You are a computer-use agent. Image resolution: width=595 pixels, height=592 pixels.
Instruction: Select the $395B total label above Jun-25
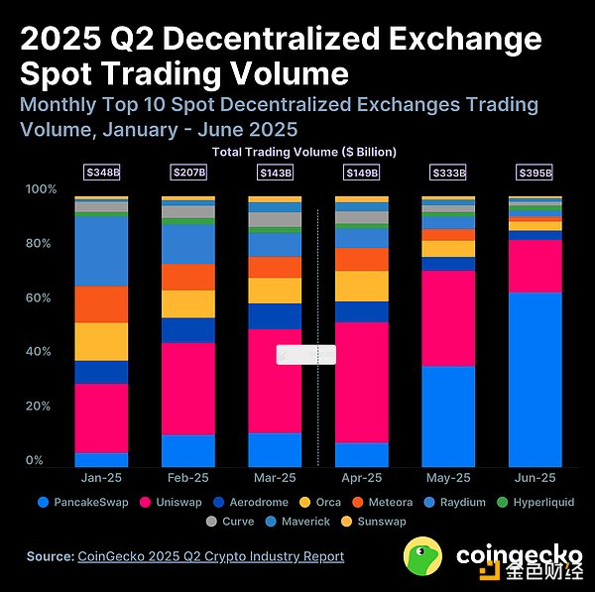tap(535, 173)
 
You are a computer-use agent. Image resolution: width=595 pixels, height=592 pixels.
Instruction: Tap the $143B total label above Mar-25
tap(275, 173)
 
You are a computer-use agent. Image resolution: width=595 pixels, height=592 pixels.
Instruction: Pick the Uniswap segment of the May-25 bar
tap(448, 318)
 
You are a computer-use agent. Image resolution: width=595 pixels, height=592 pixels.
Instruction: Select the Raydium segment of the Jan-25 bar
tap(101, 251)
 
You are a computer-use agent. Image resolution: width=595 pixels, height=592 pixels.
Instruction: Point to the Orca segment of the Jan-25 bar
tap(101, 341)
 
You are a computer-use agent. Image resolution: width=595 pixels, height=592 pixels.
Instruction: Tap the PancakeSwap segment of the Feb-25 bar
tap(188, 450)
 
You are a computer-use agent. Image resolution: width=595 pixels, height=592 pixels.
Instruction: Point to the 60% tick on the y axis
tap(39, 297)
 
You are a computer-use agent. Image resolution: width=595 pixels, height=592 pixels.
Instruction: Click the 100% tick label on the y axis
tap(41, 189)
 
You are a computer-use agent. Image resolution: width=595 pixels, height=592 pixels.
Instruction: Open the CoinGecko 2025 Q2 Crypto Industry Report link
tap(210, 556)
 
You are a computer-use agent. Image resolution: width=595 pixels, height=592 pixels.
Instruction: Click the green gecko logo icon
tap(424, 556)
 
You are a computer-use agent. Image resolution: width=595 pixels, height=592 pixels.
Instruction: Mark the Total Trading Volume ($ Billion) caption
tap(304, 152)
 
